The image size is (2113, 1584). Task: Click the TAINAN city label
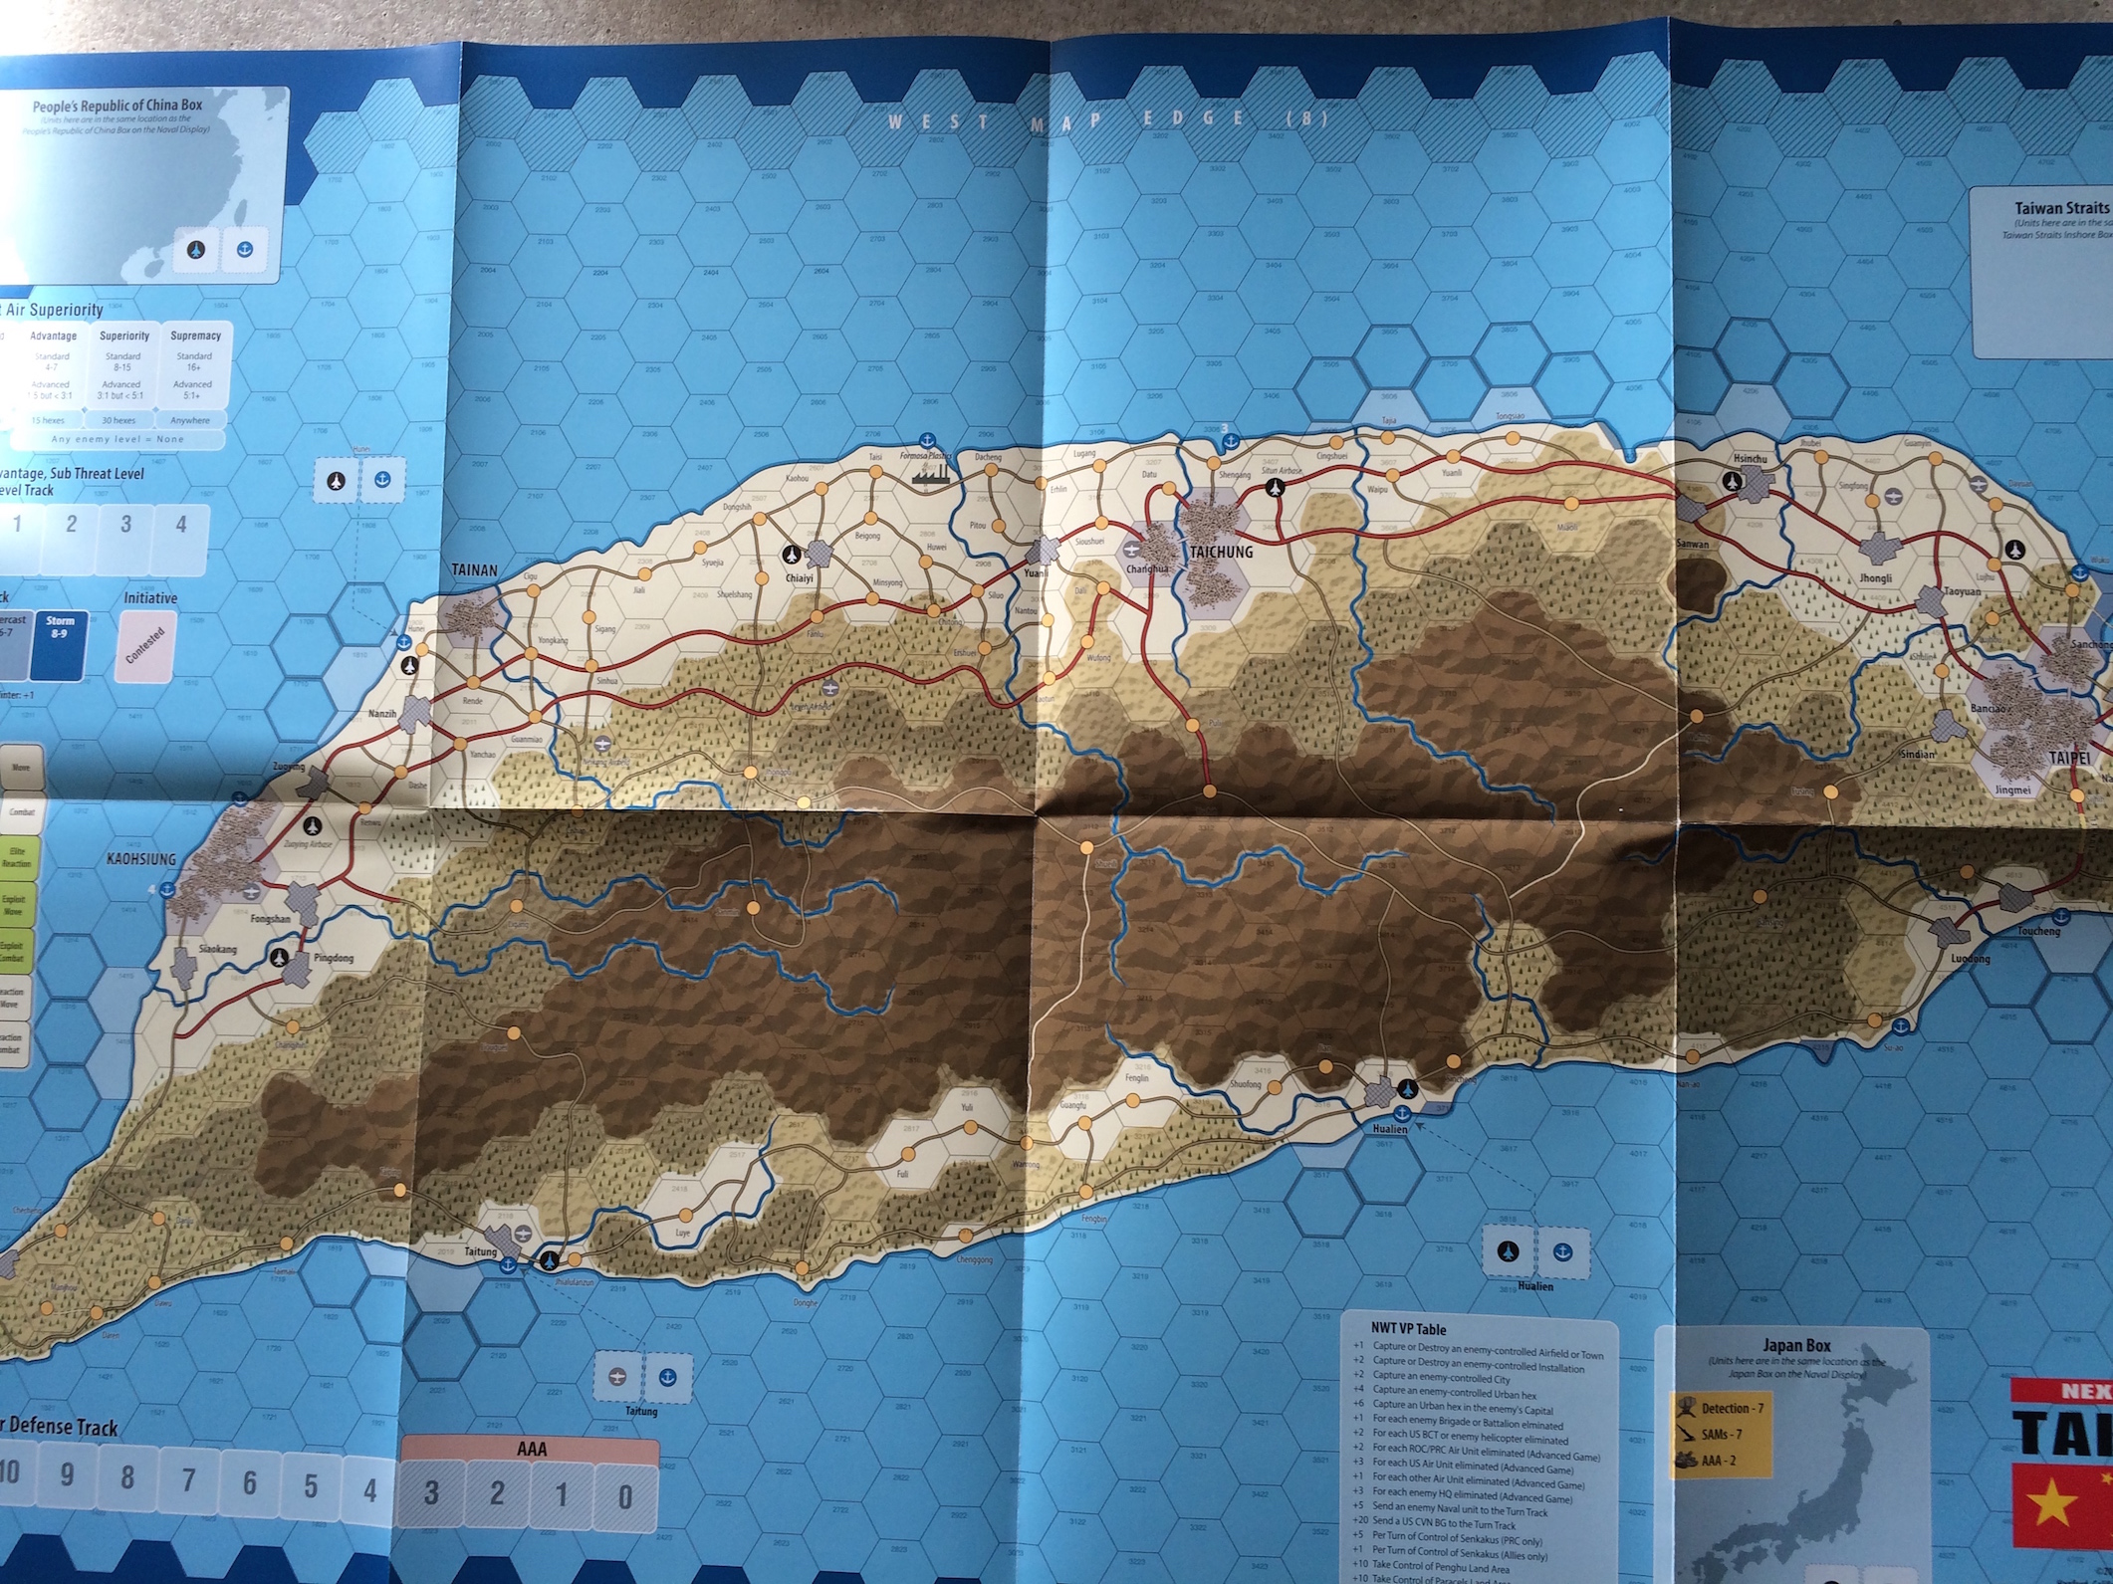pos(474,570)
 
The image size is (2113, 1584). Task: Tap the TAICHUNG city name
pos(1221,552)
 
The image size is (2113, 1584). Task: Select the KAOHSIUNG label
pos(141,858)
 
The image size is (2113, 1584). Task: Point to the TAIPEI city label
pos(2069,758)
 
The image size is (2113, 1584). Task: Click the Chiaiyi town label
pos(799,577)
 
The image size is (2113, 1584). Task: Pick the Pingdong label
pos(334,959)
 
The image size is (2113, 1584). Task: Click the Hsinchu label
pos(1750,459)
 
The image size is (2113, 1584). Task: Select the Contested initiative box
pos(145,644)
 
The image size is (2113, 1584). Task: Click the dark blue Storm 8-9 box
pos(60,644)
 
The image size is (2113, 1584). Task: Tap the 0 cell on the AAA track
pos(624,1494)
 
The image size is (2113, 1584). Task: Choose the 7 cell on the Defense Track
pos(188,1481)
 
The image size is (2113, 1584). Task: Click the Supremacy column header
pos(195,337)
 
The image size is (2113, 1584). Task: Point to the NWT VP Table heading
pos(1408,1329)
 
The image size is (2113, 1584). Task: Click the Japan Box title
pos(1796,1346)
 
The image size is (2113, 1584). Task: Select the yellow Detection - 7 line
pos(1731,1408)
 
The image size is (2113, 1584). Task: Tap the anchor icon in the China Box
pos(244,249)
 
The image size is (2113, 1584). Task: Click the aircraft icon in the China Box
pos(196,249)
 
